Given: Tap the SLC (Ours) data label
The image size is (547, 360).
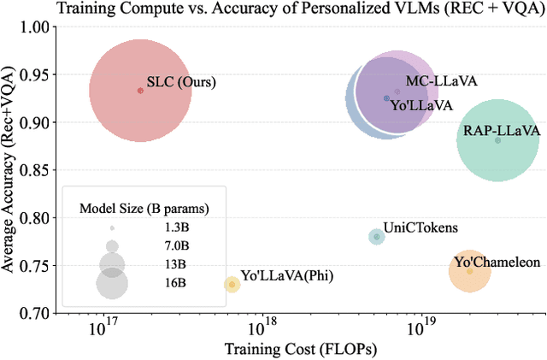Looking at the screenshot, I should [181, 83].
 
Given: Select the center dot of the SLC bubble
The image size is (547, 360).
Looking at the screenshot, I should [141, 91].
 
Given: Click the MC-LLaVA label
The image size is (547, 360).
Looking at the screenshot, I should [441, 81].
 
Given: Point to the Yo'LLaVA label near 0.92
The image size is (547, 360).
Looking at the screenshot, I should [422, 105].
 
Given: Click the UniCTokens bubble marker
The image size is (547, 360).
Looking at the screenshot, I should [377, 236].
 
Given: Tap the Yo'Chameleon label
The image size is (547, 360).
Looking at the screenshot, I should [497, 262].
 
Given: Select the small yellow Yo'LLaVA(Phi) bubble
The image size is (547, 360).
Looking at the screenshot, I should [232, 284].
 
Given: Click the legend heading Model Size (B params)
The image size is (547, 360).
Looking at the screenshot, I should [144, 208].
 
